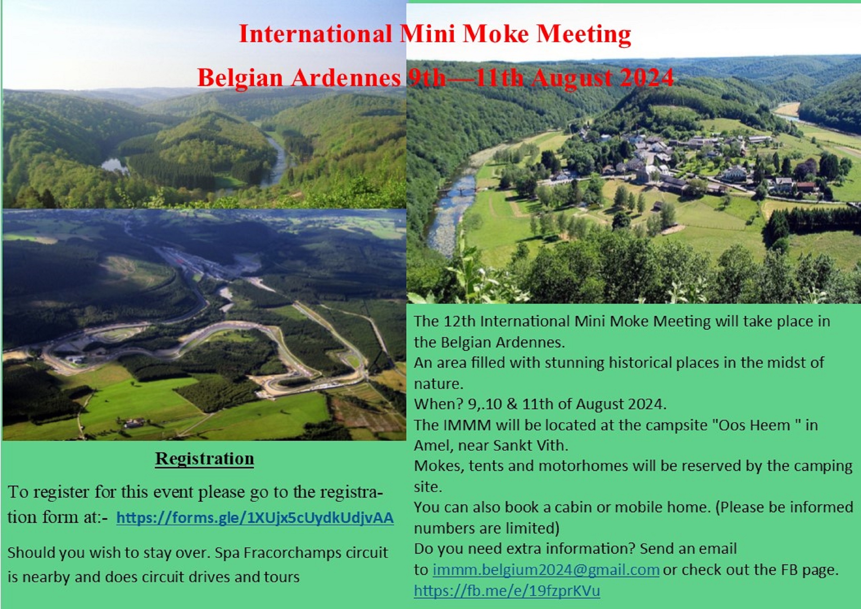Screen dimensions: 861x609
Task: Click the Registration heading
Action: pos(204,459)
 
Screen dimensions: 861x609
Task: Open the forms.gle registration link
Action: pos(255,518)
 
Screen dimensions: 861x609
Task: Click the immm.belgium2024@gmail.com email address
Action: pos(546,570)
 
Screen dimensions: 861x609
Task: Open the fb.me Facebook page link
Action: pos(507,590)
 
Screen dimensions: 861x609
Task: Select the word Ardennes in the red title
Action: pos(345,78)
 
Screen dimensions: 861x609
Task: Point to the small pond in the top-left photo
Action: pos(115,166)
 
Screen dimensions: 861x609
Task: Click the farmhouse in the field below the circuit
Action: pos(134,423)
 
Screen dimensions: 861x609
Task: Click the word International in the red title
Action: pos(315,34)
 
